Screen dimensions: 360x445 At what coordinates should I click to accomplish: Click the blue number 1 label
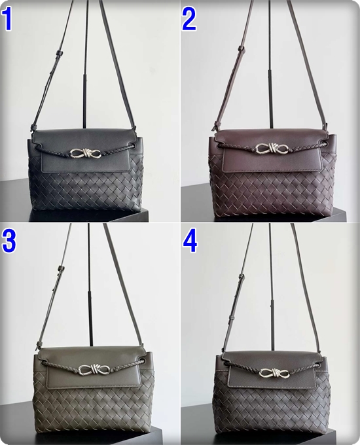pyautogui.click(x=7, y=19)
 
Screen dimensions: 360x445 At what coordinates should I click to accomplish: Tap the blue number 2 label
pyautogui.click(x=189, y=19)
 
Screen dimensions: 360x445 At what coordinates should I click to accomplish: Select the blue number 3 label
pyautogui.click(x=9, y=241)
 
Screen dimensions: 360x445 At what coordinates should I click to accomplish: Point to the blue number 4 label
pyautogui.click(x=190, y=241)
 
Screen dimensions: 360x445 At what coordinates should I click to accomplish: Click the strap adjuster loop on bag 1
pyautogui.click(x=60, y=53)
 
